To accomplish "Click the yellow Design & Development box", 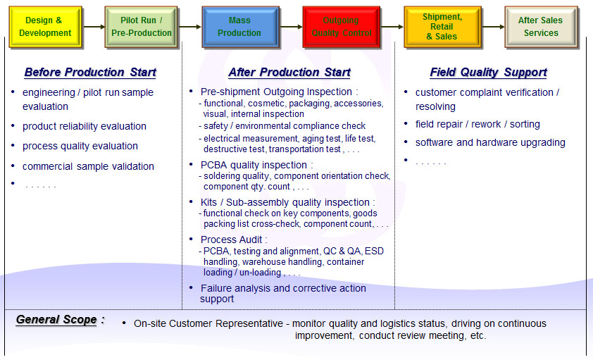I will (45, 27).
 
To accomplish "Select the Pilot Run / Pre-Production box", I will (141, 27).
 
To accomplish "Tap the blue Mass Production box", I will (239, 27).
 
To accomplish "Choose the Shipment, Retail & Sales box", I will (442, 27).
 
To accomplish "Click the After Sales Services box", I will (541, 27).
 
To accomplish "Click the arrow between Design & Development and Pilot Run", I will (93, 27).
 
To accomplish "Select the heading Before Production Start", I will (90, 73).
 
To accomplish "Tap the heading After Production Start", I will (289, 73).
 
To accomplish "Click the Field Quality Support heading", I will (488, 73).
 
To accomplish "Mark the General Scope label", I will (56, 320).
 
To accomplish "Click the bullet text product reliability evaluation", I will (84, 127).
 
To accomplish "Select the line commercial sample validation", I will (88, 167).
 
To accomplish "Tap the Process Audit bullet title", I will (234, 240).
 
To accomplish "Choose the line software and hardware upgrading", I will (490, 142).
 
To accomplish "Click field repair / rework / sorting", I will (477, 124).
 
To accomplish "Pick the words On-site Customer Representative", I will (208, 324).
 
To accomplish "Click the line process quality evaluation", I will (80, 147).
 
